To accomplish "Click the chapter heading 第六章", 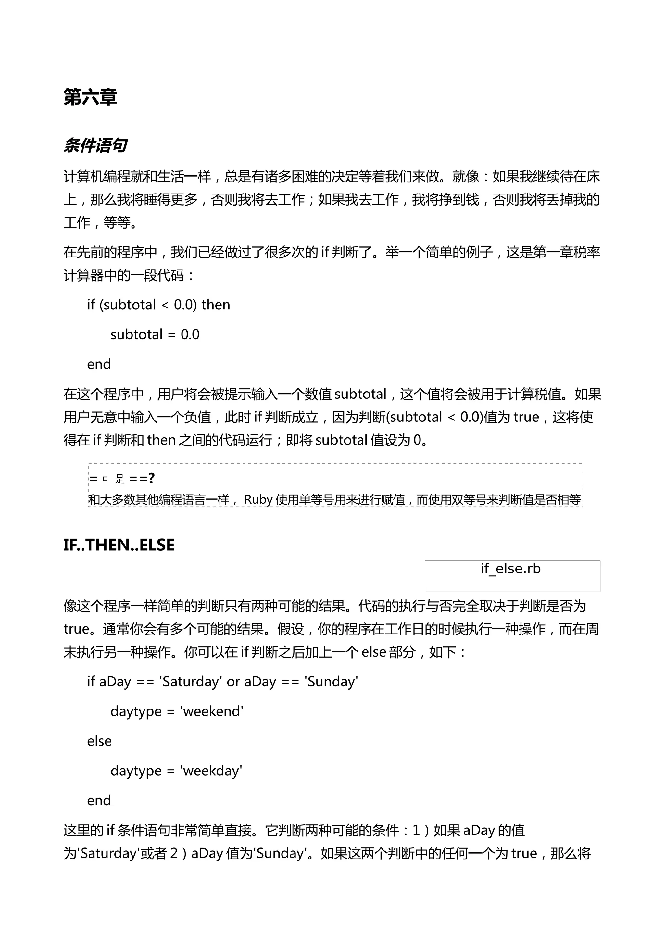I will tap(90, 97).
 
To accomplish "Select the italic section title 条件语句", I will tap(95, 145).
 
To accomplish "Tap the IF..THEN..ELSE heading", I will tap(119, 545).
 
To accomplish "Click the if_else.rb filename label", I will tap(510, 569).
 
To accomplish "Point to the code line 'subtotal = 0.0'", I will tap(155, 334).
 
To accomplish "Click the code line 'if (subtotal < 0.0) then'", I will tap(158, 305).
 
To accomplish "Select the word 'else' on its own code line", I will tap(99, 741).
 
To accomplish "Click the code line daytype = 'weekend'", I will tap(177, 711).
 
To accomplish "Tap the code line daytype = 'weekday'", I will tap(176, 771).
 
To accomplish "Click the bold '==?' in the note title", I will tap(142, 478).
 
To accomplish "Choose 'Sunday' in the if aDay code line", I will tap(331, 682).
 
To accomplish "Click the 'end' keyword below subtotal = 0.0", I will tap(99, 364).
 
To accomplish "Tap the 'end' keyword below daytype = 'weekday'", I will tap(99, 800).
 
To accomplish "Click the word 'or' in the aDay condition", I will tap(233, 682).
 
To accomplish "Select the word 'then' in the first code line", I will tap(216, 305).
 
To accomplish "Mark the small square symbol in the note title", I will tap(105, 479).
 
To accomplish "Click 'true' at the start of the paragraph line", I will tap(77, 629).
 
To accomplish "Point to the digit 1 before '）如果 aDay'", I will tap(416, 830).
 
